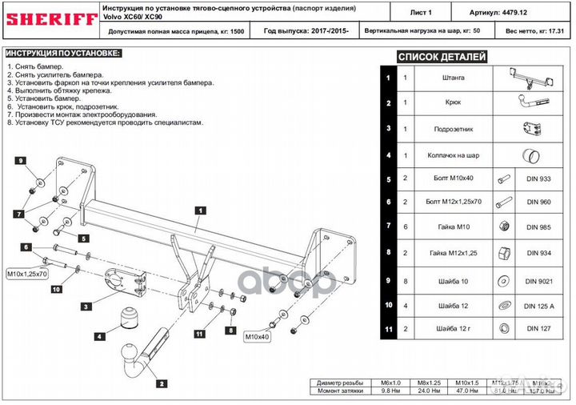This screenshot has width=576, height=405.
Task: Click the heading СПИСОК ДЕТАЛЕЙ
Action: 442,57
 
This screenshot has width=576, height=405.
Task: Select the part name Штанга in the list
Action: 452,78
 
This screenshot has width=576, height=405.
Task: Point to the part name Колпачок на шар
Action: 452,154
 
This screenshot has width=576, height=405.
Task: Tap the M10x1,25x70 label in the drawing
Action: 28,273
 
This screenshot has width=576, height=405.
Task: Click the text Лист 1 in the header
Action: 420,14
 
